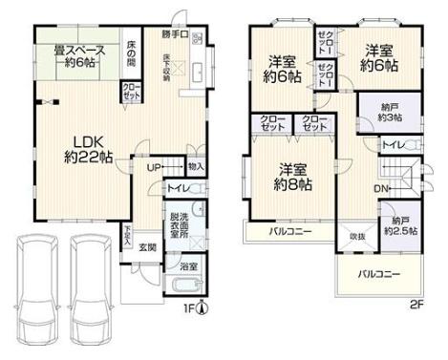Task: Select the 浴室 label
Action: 188,266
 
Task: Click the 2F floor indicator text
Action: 417,306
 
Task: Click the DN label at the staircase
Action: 379,188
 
